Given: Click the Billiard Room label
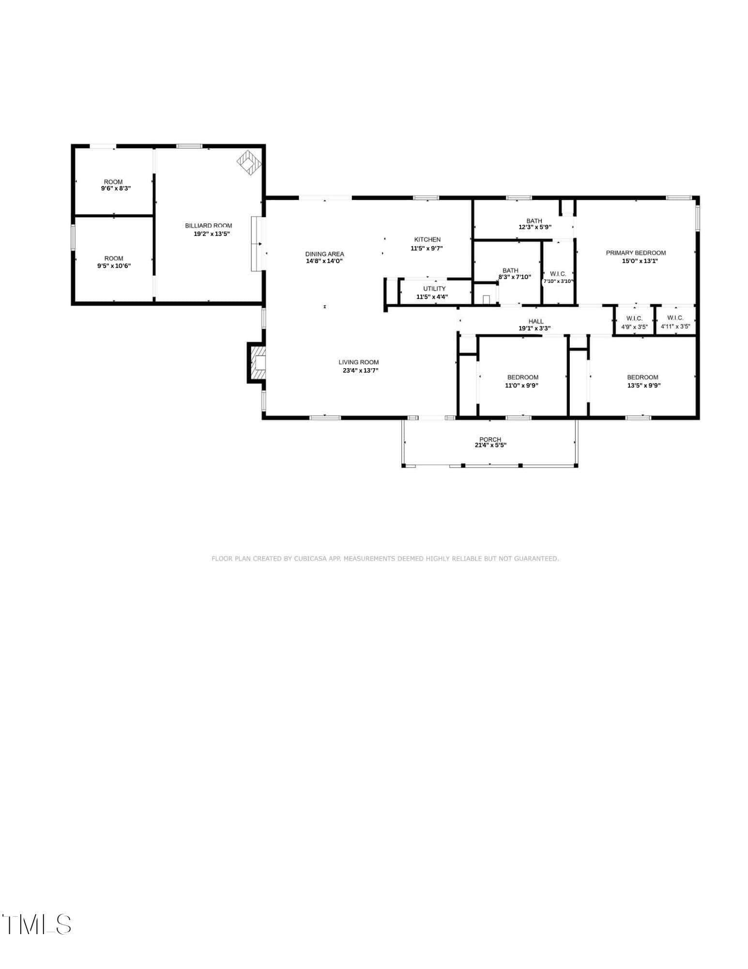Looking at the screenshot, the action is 209,225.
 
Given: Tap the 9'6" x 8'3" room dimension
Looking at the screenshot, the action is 116,188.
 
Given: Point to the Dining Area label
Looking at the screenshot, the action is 324,254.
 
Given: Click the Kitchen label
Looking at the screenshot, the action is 427,239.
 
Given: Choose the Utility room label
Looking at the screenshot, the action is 434,289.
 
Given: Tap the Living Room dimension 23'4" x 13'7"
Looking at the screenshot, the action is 360,371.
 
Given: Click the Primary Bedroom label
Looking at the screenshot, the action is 636,253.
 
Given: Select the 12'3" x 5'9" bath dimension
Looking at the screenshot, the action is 535,227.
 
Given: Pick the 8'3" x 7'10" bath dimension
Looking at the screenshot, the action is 515,277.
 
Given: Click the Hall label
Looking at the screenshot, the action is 536,321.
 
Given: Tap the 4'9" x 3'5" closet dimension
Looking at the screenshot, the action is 634,327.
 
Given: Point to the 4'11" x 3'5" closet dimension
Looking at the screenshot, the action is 675,327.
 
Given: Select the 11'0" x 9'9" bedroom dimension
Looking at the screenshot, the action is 522,386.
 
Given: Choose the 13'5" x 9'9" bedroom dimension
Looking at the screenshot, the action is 643,386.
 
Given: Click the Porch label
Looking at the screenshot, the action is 490,439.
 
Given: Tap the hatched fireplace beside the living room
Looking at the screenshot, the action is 256,363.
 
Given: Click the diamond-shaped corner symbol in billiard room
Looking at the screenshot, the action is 249,162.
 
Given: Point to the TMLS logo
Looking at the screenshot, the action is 37,924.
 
